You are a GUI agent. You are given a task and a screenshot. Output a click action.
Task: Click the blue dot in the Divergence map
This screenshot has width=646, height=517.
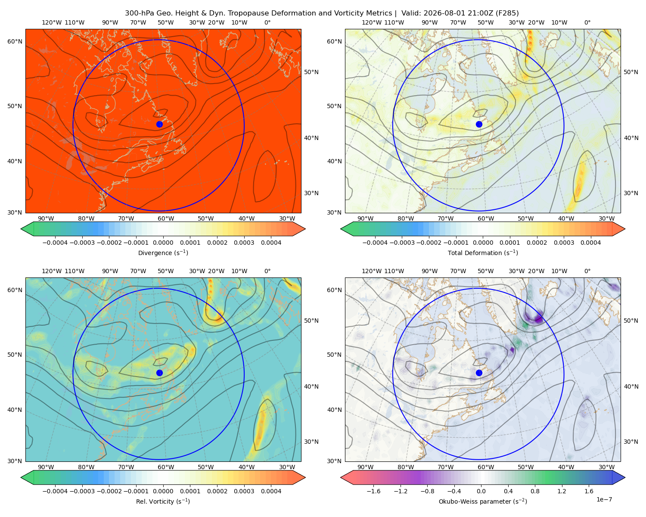159,124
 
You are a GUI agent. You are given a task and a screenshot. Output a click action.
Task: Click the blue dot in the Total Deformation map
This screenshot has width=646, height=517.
479,124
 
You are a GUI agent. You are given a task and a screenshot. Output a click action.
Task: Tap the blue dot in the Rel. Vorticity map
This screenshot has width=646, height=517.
159,373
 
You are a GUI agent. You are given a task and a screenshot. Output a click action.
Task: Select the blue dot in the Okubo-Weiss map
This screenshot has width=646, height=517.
479,373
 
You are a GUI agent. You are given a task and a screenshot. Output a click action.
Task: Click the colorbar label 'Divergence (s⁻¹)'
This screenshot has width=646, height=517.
163,252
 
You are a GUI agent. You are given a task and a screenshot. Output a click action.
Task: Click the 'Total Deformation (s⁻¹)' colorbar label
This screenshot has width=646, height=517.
483,252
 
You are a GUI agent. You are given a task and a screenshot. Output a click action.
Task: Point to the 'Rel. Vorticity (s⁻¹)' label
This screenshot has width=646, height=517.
163,501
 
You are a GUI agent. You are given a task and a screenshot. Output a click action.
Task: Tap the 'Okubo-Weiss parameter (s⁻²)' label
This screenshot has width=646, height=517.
483,501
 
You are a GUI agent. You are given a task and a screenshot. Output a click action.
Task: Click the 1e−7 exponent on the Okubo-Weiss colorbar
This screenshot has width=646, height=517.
604,499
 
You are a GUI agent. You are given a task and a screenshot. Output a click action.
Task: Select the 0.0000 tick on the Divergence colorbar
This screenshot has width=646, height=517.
163,243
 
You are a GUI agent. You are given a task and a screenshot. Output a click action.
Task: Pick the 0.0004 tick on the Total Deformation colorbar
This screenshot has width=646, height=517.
590,243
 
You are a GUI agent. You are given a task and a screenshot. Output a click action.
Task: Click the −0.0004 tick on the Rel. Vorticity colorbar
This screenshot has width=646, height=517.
55,491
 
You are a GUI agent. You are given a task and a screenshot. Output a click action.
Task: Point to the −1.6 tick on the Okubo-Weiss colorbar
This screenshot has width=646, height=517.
373,491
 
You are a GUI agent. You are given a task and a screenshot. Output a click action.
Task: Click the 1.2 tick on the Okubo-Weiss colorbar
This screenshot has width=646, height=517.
562,491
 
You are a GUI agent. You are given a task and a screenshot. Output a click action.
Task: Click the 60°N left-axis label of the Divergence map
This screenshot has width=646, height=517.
15,41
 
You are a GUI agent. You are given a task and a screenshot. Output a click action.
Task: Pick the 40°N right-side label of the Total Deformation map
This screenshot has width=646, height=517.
630,138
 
